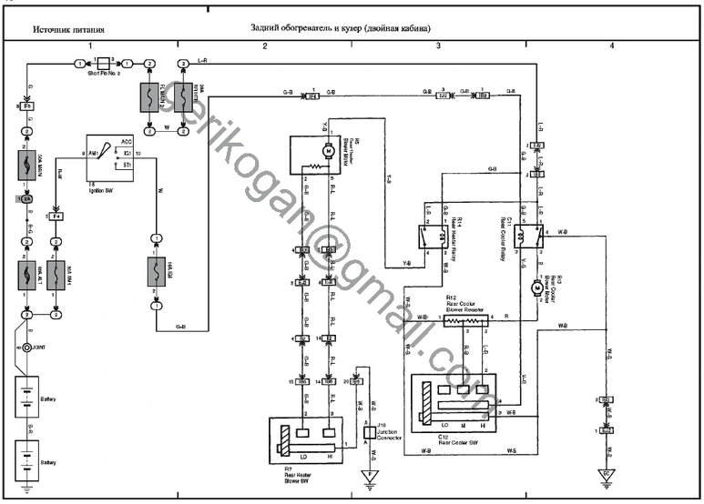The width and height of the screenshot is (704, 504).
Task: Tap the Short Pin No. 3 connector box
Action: [x=103, y=63]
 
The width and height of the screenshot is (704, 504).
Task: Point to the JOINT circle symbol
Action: [x=28, y=348]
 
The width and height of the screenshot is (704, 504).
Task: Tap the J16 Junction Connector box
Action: [x=368, y=431]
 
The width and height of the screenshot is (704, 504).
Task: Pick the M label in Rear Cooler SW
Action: [x=465, y=425]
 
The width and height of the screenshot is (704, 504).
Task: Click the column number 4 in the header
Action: [x=612, y=45]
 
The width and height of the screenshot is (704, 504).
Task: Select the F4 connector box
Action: [x=56, y=217]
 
